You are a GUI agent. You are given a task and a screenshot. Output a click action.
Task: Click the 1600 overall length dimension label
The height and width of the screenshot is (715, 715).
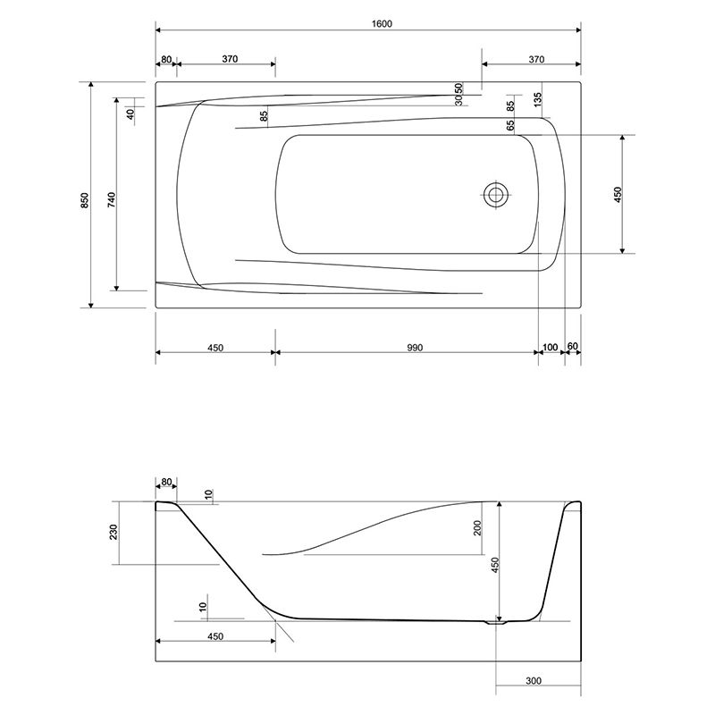(382, 23)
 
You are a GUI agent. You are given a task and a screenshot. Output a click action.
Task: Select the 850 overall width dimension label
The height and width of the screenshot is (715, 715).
(85, 200)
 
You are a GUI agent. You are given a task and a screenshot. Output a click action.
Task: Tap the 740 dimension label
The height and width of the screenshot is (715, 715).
(111, 200)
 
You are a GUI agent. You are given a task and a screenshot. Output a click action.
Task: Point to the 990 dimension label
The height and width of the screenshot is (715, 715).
(415, 348)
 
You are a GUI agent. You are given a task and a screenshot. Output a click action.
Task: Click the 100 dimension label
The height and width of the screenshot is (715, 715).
(551, 348)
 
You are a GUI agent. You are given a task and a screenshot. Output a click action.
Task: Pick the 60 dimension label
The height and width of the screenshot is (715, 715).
(572, 346)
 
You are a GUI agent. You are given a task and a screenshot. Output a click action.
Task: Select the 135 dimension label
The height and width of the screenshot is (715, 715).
(538, 99)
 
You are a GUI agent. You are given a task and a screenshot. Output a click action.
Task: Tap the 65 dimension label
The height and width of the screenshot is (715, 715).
(510, 124)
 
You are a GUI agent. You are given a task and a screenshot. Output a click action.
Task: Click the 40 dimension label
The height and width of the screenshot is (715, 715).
(130, 114)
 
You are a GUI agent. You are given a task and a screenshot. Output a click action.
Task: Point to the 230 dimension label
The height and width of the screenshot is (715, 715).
(114, 532)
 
